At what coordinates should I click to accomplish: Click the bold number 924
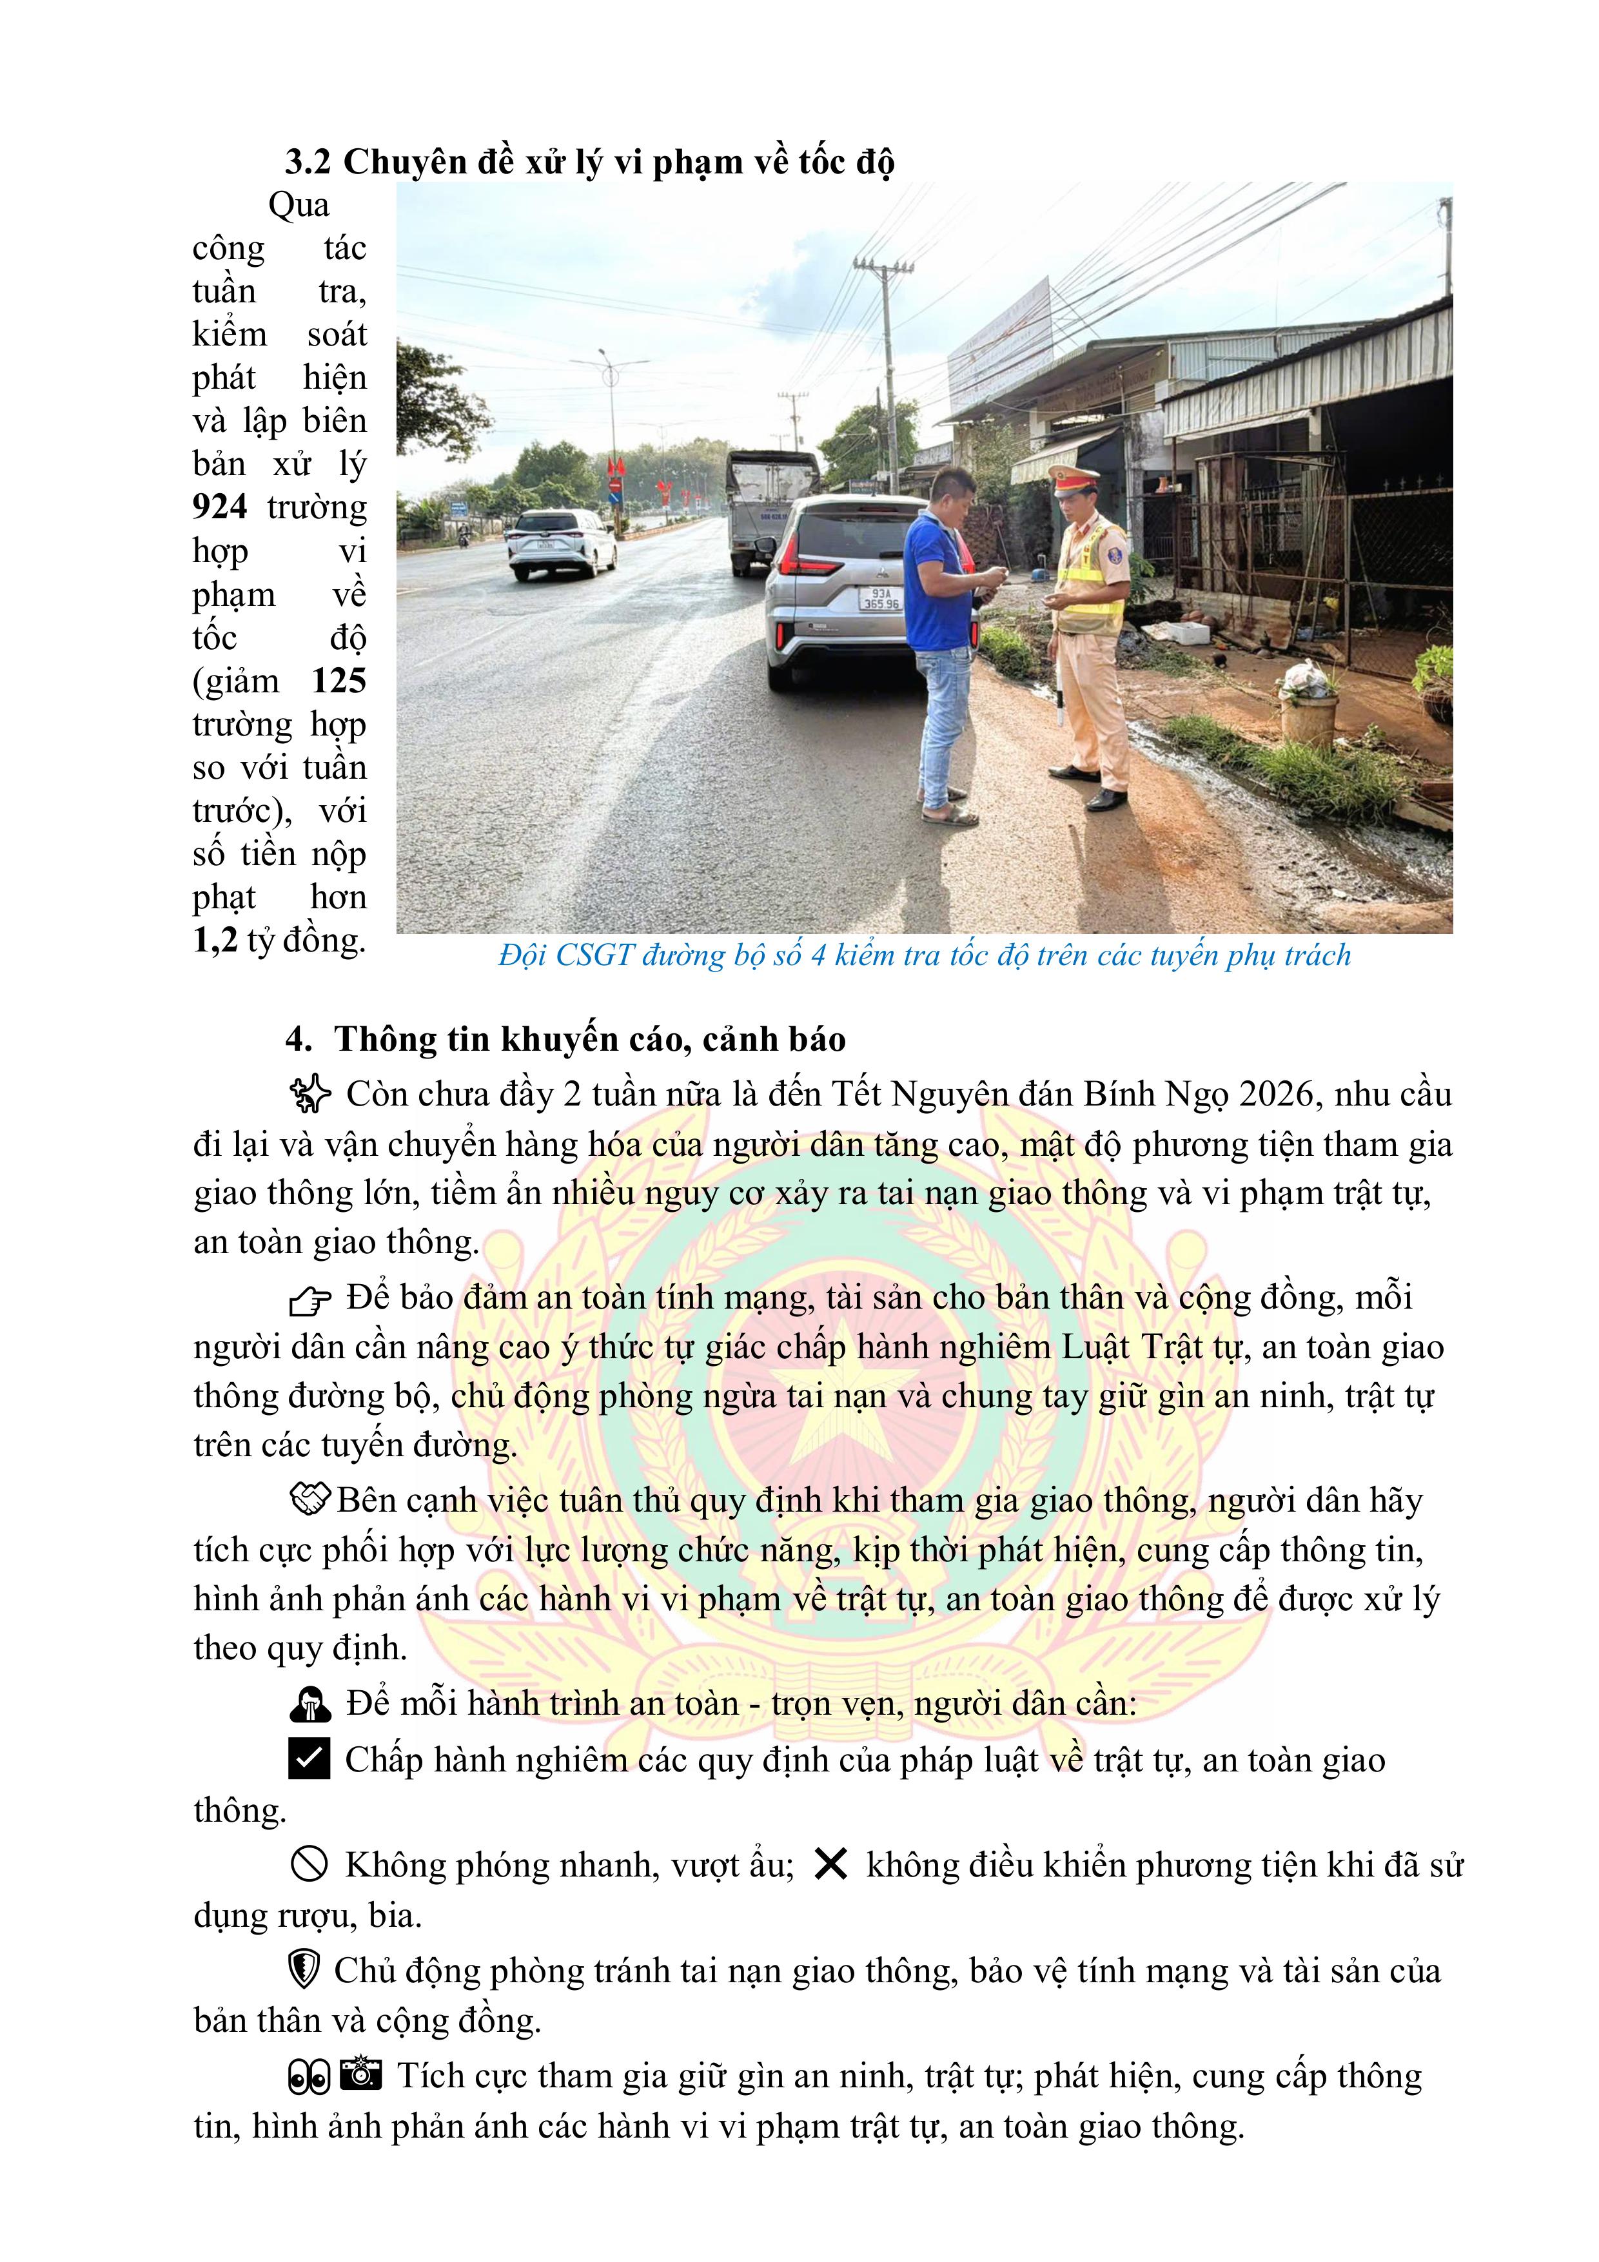pyautogui.click(x=220, y=507)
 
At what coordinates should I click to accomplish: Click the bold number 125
pyautogui.click(x=339, y=681)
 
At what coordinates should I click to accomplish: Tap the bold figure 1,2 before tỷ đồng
pyautogui.click(x=215, y=941)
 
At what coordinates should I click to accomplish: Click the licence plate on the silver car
pyautogui.click(x=879, y=599)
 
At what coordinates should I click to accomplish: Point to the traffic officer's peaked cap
pyautogui.click(x=1074, y=478)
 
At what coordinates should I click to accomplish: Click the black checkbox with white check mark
pyautogui.click(x=309, y=1760)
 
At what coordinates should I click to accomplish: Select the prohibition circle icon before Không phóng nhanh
pyautogui.click(x=309, y=1865)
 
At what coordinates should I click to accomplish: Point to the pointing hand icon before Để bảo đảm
pyautogui.click(x=310, y=1300)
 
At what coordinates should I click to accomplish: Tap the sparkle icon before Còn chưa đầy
pyautogui.click(x=310, y=1095)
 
